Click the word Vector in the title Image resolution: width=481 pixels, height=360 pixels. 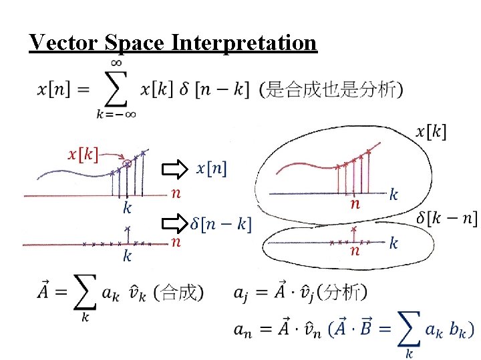coord(64,43)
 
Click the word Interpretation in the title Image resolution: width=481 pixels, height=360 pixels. coord(244,43)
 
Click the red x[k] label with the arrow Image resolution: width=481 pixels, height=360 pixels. coord(84,155)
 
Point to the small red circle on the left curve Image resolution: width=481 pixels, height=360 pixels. coord(127,163)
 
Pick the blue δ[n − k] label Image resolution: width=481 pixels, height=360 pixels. coord(221,224)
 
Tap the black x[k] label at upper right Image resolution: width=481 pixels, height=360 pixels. coord(431,131)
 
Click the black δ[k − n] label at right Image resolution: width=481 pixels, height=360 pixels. coord(446,218)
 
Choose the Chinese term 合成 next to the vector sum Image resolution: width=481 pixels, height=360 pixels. coord(178,292)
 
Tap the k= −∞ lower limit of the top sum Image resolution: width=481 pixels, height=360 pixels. coord(117,114)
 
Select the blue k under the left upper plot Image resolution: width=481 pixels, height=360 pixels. coord(127,208)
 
